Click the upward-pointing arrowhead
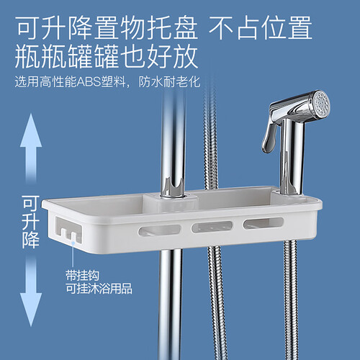tap(31, 131)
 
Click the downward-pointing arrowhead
tap(31, 310)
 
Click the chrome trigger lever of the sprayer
tap(269, 135)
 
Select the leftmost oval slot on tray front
tap(160, 230)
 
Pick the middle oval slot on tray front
tap(212, 227)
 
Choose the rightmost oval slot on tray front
tap(264, 223)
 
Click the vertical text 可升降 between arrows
tap(31, 222)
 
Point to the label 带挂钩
tap(82, 276)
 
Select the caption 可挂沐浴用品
tap(99, 289)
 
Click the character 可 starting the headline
tap(28, 27)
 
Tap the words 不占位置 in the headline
tap(261, 27)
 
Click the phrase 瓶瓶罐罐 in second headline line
tap(66, 57)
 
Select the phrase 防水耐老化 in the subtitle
tap(169, 82)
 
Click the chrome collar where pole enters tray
tap(173, 189)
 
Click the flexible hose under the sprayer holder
tap(291, 300)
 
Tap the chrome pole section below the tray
tap(170, 305)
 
